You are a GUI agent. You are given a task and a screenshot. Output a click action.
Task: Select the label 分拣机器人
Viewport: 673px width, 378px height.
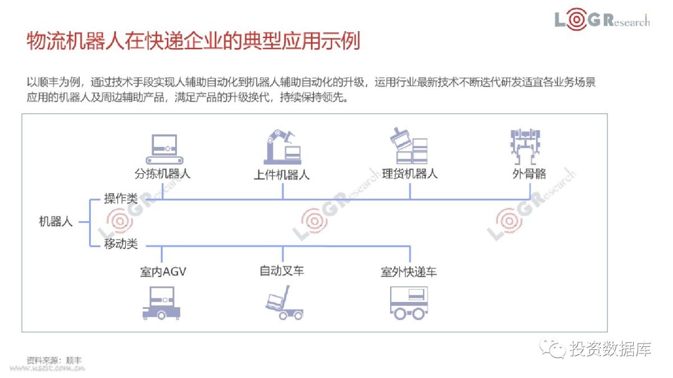[x=163, y=173]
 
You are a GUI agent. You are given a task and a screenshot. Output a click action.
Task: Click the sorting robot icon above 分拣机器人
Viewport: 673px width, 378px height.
[x=163, y=146]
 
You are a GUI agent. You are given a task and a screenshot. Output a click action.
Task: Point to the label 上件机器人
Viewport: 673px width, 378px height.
[x=282, y=174]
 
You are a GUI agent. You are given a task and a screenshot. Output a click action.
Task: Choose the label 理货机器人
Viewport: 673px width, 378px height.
[x=409, y=173]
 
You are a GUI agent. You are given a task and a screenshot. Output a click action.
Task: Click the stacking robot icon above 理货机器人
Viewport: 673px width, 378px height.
[x=409, y=146]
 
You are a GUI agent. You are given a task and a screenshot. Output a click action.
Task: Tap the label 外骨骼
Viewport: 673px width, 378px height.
[x=529, y=174]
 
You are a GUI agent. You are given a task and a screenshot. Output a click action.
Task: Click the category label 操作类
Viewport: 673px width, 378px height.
[x=121, y=199]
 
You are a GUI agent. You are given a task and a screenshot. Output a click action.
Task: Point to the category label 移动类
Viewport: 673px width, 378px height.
[x=121, y=244]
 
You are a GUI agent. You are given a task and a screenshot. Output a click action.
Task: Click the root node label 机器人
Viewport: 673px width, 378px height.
[x=56, y=221]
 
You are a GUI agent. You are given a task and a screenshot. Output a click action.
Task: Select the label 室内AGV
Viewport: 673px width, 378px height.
[x=163, y=272]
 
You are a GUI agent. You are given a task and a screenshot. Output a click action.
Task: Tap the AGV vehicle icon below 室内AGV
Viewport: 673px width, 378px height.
[x=162, y=303]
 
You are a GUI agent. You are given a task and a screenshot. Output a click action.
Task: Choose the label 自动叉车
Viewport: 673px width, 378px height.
[x=282, y=271]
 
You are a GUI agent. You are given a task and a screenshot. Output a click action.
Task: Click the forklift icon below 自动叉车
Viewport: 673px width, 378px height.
[x=283, y=303]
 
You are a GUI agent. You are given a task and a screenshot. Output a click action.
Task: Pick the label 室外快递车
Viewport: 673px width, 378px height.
[x=409, y=272]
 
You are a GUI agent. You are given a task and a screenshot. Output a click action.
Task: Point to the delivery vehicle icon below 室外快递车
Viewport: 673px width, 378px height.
[x=409, y=303]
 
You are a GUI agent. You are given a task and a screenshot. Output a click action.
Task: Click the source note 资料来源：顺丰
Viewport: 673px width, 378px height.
[x=54, y=360]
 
